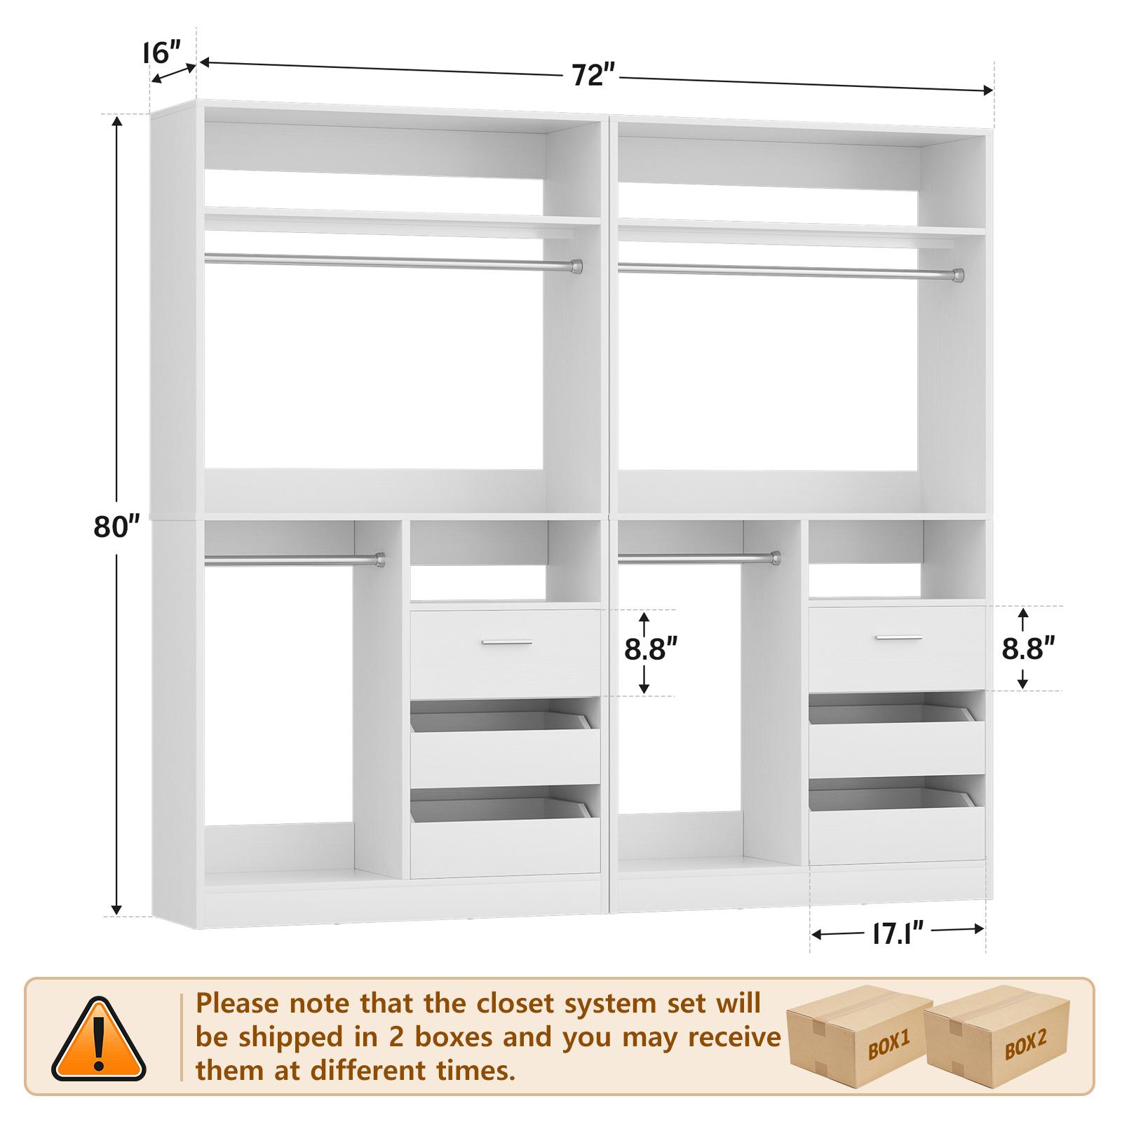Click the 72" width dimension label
pos(593,74)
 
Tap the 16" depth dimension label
pos(162,53)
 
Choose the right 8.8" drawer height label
pos(1028,648)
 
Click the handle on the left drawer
pos(506,642)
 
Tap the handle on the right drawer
pos(899,637)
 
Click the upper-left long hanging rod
pos(393,262)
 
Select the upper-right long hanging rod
pos(790,270)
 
